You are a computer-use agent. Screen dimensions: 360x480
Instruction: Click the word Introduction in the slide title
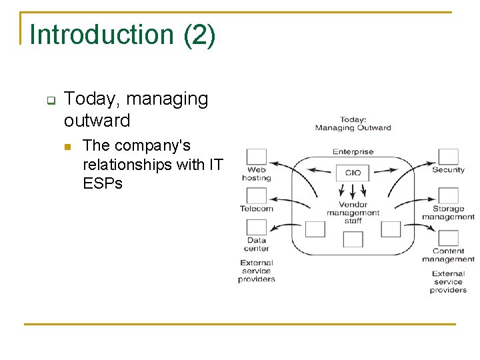[103, 35]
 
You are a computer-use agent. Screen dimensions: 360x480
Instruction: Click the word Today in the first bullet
[92, 99]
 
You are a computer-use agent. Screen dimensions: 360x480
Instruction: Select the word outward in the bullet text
[97, 121]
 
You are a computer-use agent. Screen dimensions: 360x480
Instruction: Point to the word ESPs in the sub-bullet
[103, 183]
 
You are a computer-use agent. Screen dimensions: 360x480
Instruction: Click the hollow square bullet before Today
[50, 101]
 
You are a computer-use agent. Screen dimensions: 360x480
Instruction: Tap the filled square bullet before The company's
[66, 147]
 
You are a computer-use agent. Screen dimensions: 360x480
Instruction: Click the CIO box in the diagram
[353, 173]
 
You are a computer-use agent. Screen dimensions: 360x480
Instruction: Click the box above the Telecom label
[257, 196]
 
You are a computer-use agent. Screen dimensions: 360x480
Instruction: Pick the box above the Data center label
[257, 228]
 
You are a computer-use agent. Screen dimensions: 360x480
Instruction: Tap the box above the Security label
[448, 157]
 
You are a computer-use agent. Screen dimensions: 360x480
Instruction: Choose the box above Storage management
[448, 196]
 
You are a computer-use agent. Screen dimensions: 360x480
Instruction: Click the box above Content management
[448, 238]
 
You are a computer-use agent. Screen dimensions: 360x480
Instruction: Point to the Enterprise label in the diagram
[353, 152]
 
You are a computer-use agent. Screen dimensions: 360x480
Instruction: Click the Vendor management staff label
[353, 213]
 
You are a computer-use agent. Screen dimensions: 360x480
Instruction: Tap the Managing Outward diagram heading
[353, 124]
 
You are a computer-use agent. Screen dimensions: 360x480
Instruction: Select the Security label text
[448, 170]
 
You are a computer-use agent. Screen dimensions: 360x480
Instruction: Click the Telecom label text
[257, 209]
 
